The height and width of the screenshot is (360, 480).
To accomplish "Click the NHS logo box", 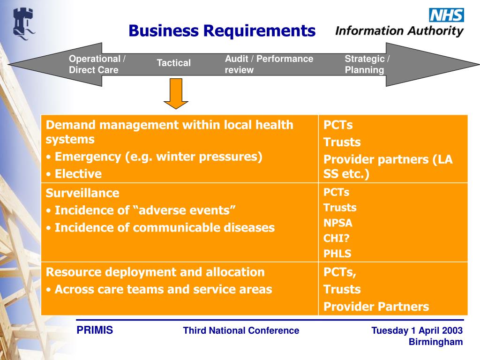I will (x=446, y=15).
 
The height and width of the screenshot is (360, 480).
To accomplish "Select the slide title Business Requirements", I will (x=222, y=31).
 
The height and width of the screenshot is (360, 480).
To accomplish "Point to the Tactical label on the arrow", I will (x=173, y=63).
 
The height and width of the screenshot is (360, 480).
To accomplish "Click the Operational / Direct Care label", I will (x=97, y=65).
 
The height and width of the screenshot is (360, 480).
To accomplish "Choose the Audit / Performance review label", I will (x=269, y=65).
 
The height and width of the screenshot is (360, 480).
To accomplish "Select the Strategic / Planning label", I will (x=367, y=65).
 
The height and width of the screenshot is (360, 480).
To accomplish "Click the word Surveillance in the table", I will (x=82, y=193).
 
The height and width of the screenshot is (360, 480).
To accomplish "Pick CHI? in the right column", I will (x=336, y=239).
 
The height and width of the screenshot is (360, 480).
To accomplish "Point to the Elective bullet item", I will (x=78, y=174).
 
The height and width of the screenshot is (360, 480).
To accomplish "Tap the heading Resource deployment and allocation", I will (x=155, y=272).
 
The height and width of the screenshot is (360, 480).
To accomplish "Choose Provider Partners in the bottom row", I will (x=376, y=307).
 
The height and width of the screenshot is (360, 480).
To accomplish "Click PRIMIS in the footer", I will (x=95, y=330).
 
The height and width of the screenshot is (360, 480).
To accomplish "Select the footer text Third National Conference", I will (x=241, y=330).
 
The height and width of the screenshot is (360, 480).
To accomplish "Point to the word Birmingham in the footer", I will (x=435, y=342).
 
